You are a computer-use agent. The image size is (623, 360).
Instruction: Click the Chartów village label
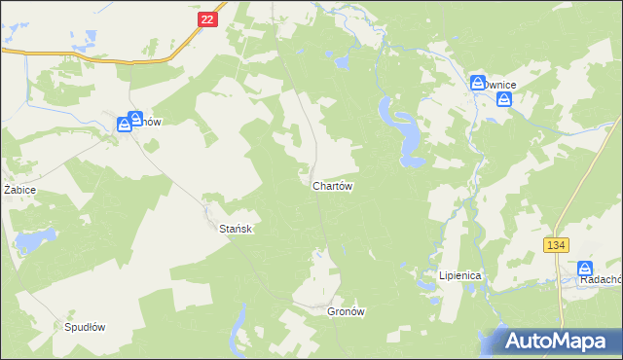(x=332, y=186)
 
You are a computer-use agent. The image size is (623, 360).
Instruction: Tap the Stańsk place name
(x=236, y=228)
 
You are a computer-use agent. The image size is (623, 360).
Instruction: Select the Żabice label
(x=19, y=190)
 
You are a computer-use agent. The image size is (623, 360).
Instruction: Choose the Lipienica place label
(x=459, y=275)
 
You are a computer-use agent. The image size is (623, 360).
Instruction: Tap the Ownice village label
(x=500, y=86)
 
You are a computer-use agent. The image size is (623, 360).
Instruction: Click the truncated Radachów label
(x=600, y=279)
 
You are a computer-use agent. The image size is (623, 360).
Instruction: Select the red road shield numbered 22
(x=205, y=19)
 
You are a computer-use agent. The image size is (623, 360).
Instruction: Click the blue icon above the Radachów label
(x=584, y=268)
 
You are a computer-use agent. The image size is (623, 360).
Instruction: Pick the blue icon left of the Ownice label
(x=478, y=84)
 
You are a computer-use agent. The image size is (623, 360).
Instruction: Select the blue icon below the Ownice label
(x=503, y=99)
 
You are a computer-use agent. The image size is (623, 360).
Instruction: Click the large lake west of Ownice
(x=406, y=131)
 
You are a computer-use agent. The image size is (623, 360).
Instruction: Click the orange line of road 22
(x=117, y=60)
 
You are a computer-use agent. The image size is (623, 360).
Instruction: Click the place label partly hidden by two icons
(x=146, y=123)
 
